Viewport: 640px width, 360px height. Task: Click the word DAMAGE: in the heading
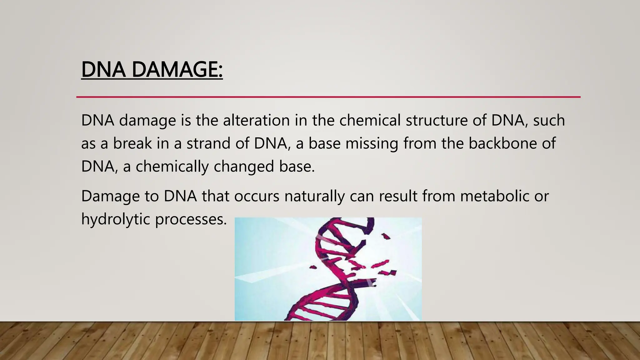[177, 69]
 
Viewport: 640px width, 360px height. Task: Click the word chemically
[172, 166]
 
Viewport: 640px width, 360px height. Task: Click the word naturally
[314, 196]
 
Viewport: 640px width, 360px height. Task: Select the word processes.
[191, 219]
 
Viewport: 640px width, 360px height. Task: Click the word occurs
[257, 196]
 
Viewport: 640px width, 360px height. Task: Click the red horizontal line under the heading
[328, 97]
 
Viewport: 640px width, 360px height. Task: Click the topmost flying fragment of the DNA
[387, 236]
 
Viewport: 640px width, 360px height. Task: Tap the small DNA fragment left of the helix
[313, 267]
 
